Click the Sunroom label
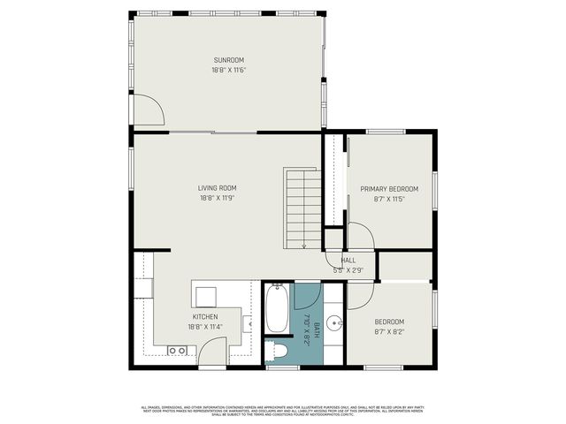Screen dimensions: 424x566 click(x=227, y=60)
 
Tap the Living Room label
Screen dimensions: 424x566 click(x=217, y=187)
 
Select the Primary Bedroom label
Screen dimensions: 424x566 click(x=389, y=189)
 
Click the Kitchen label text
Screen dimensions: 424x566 click(x=205, y=316)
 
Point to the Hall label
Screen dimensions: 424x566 click(x=348, y=260)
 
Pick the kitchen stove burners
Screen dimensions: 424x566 click(x=177, y=351)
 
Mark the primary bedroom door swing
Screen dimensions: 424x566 click(x=361, y=237)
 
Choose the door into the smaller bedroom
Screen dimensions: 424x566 click(x=360, y=296)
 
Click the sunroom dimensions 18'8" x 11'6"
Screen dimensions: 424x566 click(x=227, y=71)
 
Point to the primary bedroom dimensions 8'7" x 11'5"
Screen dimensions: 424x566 click(x=389, y=200)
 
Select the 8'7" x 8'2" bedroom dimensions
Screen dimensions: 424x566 click(x=389, y=332)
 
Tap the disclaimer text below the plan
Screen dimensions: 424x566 click(x=283, y=410)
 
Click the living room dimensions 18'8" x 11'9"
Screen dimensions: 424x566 click(x=217, y=198)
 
